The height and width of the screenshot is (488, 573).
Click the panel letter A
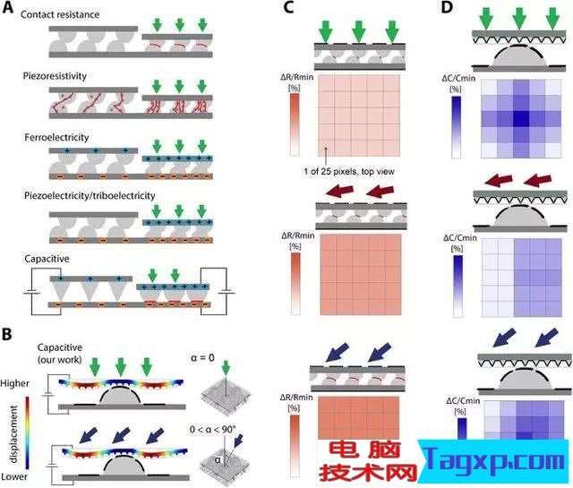tap(8, 8)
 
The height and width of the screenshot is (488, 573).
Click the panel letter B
tap(7, 335)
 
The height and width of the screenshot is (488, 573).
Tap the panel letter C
tap(288, 7)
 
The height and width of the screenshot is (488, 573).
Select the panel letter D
tap(447, 7)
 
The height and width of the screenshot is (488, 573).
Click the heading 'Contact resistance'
tap(60, 14)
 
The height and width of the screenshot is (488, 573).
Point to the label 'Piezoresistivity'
tap(55, 76)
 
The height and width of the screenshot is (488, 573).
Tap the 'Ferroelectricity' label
tap(56, 137)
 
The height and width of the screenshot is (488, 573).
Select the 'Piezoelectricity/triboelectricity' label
tap(90, 196)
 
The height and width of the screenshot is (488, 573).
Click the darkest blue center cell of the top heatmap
tap(521, 119)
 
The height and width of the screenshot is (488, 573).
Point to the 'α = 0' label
tap(202, 358)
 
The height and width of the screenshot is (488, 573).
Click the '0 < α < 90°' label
tap(213, 429)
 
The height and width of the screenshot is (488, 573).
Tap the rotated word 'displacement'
tap(14, 434)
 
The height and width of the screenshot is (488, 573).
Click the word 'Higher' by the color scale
tap(14, 383)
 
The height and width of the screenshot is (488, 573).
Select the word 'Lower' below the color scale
tap(14, 476)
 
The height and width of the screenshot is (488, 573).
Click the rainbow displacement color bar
tap(27, 432)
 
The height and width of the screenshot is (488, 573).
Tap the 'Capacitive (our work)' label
tap(60, 354)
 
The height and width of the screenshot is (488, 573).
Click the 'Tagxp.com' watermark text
tap(495, 460)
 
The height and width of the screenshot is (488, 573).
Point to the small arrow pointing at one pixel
tap(326, 156)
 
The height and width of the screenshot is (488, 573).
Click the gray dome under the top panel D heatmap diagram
tap(519, 57)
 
